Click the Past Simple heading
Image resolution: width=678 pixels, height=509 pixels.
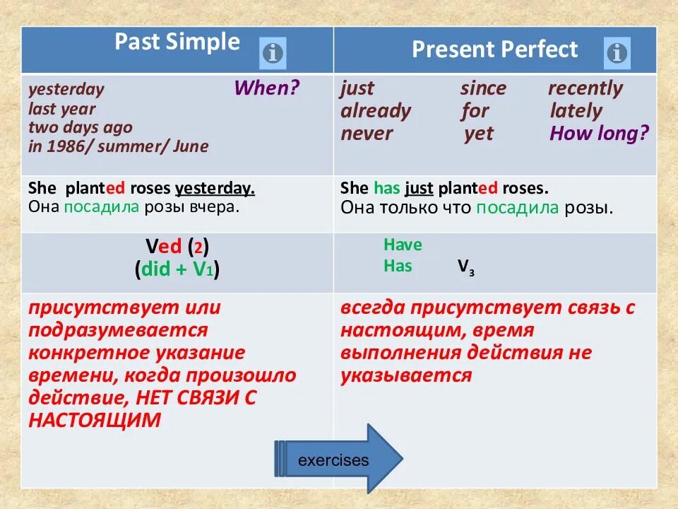(x=177, y=42)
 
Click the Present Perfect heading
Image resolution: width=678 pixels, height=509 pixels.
(x=494, y=49)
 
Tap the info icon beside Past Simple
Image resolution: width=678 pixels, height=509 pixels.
(x=273, y=53)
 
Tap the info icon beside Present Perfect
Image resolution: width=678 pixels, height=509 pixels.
(x=617, y=53)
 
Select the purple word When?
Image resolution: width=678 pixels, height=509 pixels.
(x=267, y=88)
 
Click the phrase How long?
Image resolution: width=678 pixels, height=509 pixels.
(x=600, y=134)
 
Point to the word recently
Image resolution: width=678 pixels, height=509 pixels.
(x=585, y=89)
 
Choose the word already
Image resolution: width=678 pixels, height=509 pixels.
(x=376, y=111)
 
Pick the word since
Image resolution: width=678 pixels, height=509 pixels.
(x=483, y=88)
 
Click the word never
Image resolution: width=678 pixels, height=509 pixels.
(x=367, y=134)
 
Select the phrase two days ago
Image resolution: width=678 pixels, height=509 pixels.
(x=81, y=128)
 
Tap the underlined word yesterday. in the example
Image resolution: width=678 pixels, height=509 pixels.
(x=215, y=188)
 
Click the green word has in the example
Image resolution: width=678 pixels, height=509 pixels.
(x=387, y=188)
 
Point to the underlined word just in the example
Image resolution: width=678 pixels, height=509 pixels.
(x=419, y=188)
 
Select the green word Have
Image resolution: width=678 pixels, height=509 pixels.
(x=403, y=245)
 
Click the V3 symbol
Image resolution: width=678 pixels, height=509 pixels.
(x=466, y=267)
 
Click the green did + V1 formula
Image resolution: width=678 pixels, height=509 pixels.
(x=177, y=269)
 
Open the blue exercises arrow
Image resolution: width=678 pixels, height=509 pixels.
(x=338, y=459)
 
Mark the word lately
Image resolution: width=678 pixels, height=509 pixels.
(x=576, y=111)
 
